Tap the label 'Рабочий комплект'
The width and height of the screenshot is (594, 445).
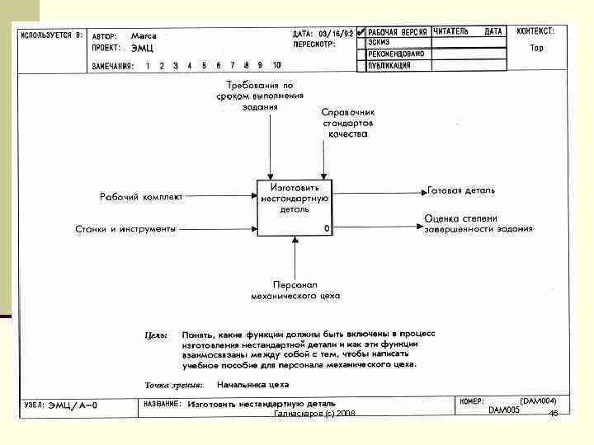tap(141, 197)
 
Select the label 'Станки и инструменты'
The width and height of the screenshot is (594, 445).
tap(125, 229)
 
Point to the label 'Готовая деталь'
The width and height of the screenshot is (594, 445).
tap(461, 190)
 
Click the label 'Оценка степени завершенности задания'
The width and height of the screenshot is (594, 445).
tap(478, 223)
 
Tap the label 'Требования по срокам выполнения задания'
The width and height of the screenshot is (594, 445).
tap(260, 96)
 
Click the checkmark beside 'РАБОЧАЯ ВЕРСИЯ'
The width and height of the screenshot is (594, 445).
tap(361, 32)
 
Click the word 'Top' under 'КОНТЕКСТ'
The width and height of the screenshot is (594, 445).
tap(536, 48)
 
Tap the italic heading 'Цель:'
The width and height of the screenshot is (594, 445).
tap(156, 335)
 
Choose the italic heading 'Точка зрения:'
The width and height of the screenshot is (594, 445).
tap(174, 384)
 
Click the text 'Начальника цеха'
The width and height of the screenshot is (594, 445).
tap(252, 384)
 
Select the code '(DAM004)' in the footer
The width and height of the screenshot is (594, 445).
tap(543, 400)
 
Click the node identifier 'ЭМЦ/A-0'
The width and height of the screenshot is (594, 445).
tap(72, 405)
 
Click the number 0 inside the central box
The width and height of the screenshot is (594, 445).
tap(327, 228)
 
